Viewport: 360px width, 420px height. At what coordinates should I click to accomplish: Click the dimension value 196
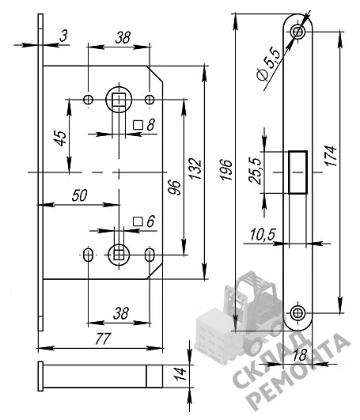(x=225, y=169)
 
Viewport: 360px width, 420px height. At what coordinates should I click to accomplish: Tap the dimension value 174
(x=331, y=156)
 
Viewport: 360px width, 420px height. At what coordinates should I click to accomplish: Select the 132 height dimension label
(x=195, y=168)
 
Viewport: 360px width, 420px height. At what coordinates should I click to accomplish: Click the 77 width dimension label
(x=103, y=339)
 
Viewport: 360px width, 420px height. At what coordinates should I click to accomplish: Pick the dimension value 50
(x=80, y=195)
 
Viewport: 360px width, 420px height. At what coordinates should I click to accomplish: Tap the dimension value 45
(x=61, y=138)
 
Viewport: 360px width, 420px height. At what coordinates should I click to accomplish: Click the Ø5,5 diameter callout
(x=268, y=64)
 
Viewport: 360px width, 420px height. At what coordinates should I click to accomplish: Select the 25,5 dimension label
(x=255, y=171)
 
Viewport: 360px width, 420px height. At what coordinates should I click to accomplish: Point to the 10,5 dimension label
(x=263, y=235)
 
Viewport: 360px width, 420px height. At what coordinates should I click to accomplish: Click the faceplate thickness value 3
(x=63, y=36)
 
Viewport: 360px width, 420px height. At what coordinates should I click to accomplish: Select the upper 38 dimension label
(x=123, y=37)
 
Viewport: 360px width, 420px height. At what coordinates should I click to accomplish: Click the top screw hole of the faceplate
(x=297, y=32)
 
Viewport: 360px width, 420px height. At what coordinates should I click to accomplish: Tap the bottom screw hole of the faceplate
(x=297, y=312)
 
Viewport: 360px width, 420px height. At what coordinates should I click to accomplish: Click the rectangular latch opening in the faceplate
(x=297, y=172)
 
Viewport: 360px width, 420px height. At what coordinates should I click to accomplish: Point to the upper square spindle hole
(x=119, y=100)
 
